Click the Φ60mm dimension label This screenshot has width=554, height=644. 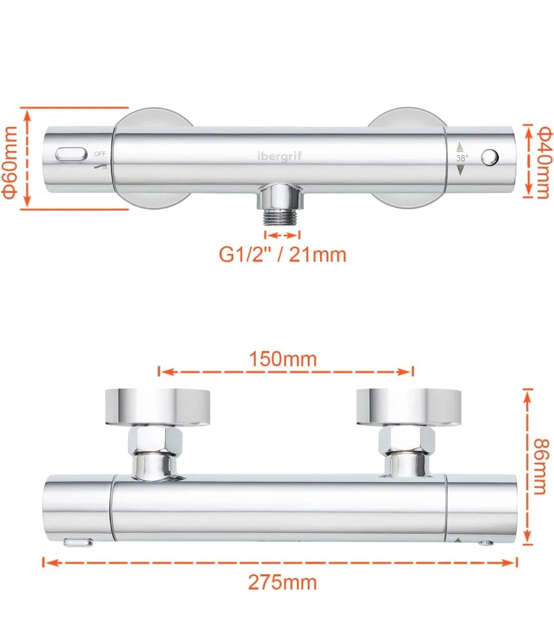[x=9, y=163]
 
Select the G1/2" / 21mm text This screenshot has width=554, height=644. [x=283, y=255]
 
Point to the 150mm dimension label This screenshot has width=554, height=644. [x=283, y=359]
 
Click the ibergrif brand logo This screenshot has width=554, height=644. [x=280, y=155]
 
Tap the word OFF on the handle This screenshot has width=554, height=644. [x=100, y=154]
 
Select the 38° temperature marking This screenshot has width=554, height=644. [x=462, y=158]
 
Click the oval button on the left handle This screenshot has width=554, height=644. [x=71, y=154]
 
